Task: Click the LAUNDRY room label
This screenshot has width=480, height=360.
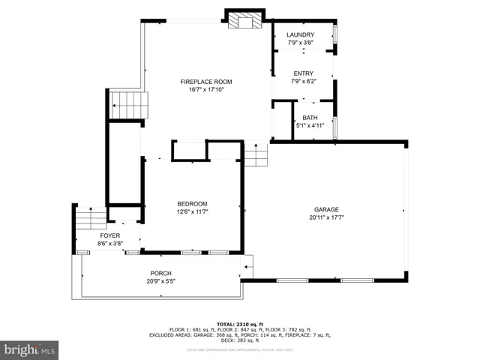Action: (301, 35)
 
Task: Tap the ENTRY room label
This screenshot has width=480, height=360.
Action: (303, 73)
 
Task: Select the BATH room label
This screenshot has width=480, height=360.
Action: (310, 118)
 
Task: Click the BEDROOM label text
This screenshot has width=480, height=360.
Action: (192, 204)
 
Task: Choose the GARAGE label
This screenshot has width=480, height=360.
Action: (326, 209)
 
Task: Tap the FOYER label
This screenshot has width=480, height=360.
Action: (110, 235)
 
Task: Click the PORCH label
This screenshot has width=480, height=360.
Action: (160, 273)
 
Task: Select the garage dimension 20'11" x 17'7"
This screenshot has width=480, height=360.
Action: (326, 217)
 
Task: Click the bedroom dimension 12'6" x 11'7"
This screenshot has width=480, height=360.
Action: (192, 212)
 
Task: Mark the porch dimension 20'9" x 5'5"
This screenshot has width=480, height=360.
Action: (160, 281)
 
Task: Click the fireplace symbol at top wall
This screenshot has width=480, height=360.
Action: (246, 20)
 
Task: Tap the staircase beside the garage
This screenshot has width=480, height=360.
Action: (256, 156)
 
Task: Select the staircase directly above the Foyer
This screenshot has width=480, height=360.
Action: (92, 218)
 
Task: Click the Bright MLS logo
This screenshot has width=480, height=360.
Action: (30, 349)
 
